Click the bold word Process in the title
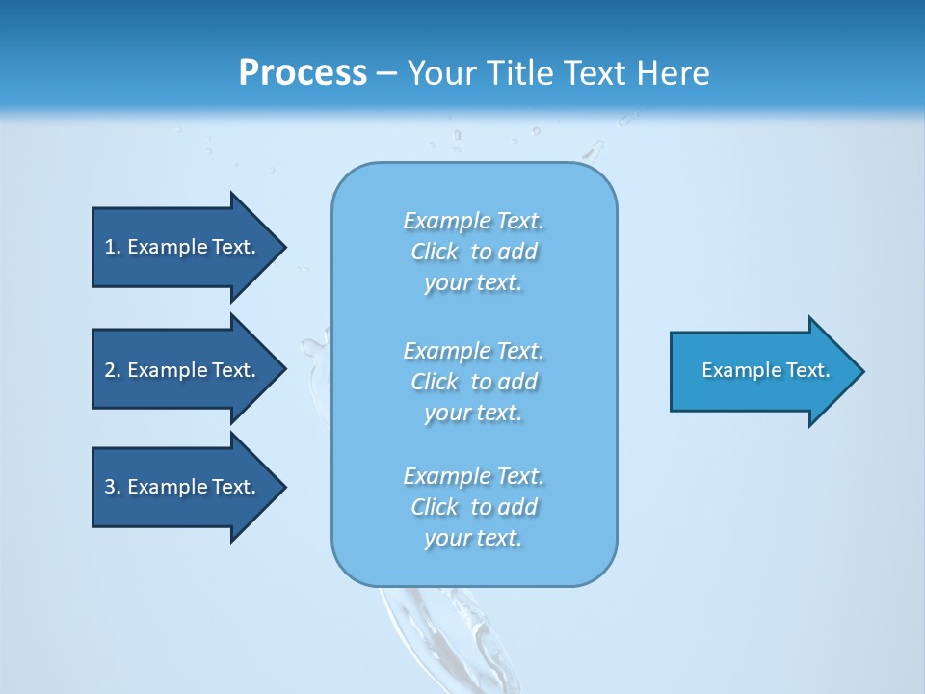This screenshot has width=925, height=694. (303, 72)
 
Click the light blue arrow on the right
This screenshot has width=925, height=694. (761, 370)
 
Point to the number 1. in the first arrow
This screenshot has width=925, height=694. (113, 247)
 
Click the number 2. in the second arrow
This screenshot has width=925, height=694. (113, 370)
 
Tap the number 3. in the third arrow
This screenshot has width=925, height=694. (113, 487)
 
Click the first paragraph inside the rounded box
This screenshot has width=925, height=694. (473, 252)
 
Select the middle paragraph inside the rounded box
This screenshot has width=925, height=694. (473, 382)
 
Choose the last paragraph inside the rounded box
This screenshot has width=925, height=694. (473, 507)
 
